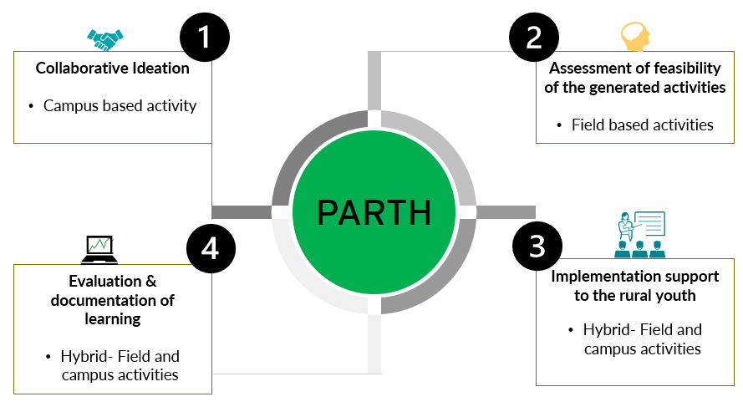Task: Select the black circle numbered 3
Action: pos(536,246)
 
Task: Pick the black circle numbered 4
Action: pos(211,249)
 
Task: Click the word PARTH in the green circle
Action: pos(374,213)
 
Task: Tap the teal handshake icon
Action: pos(105,38)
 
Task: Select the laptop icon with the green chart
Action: pos(99,247)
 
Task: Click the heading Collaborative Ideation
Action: pos(113,69)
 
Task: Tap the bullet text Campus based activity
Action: pos(120,106)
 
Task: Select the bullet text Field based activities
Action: pos(642,125)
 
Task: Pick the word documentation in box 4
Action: pos(104,300)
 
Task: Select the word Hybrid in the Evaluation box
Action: pos(80,356)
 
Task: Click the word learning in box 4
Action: pos(112,318)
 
